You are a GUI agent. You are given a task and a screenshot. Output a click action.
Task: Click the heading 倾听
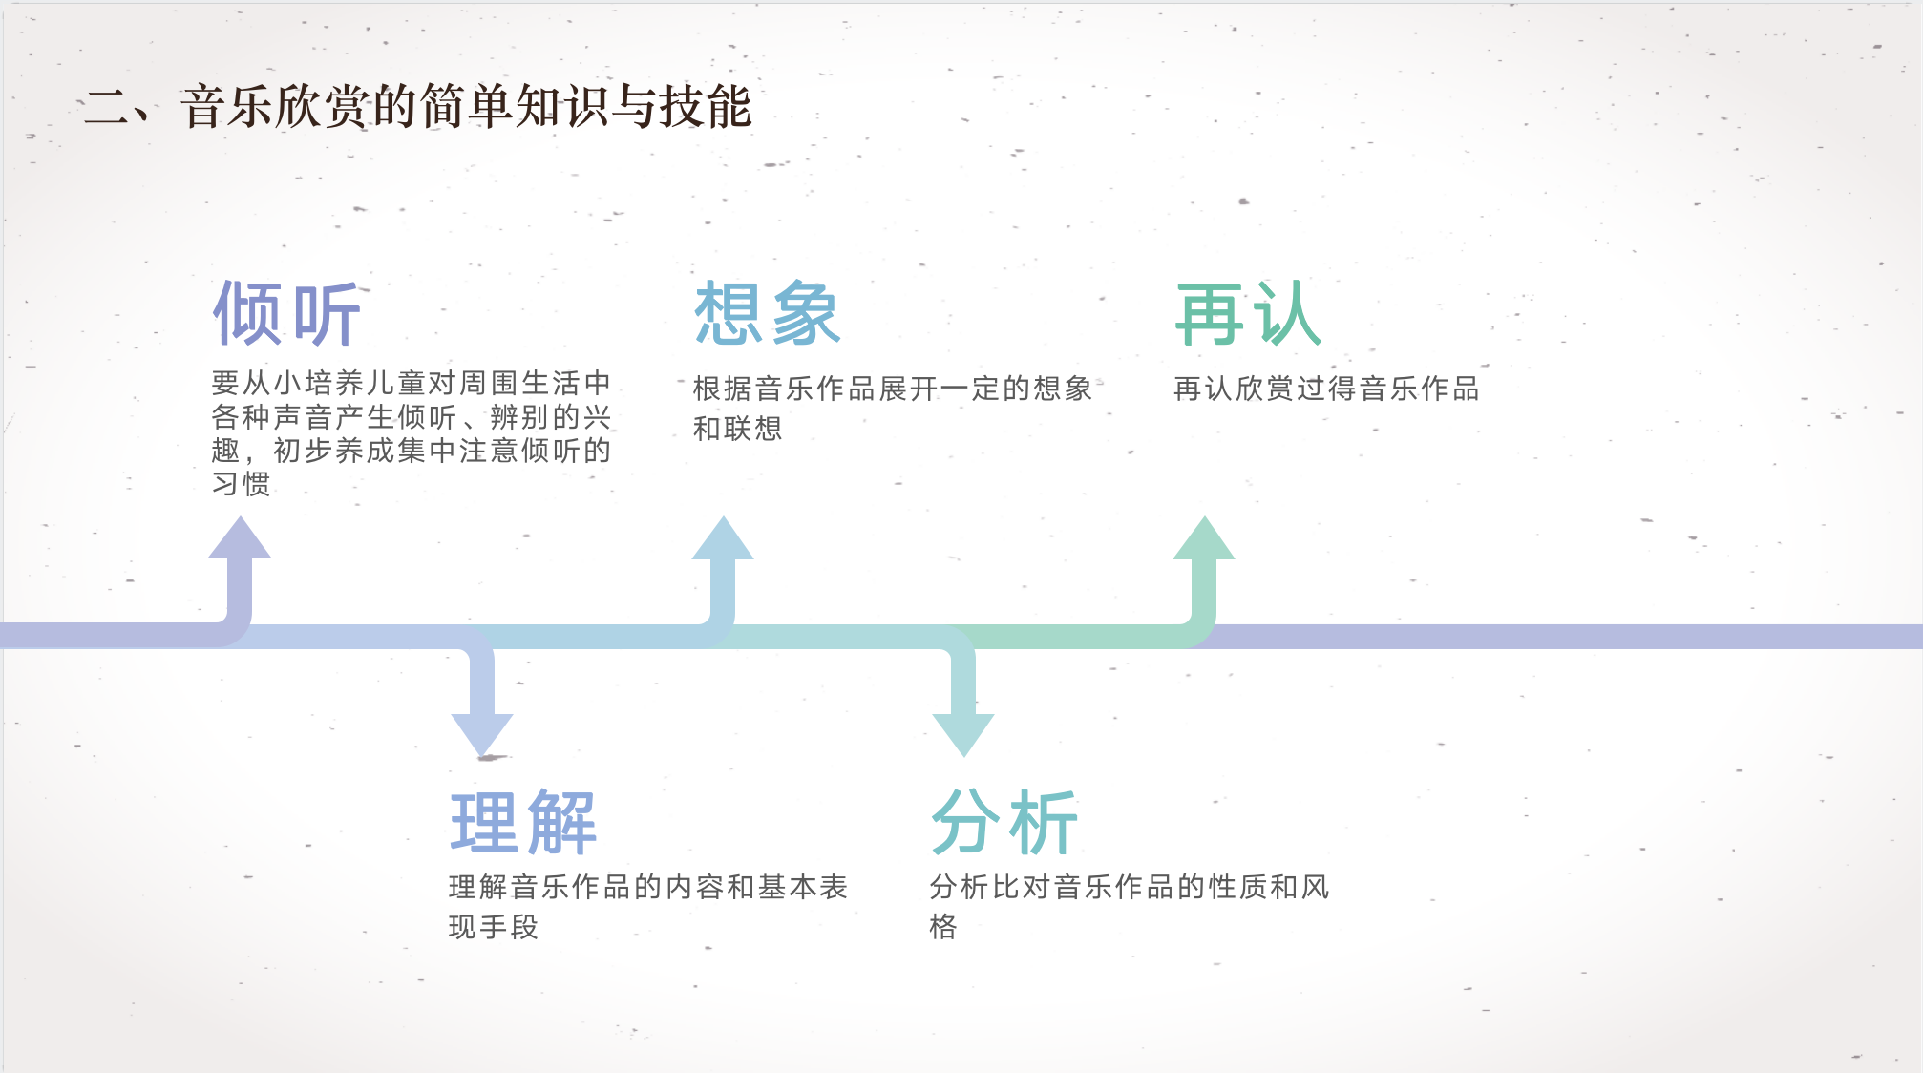pyautogui.click(x=286, y=313)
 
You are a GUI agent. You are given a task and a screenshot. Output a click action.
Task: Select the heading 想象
pyautogui.click(x=768, y=313)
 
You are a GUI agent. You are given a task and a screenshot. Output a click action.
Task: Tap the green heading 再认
pyautogui.click(x=1248, y=313)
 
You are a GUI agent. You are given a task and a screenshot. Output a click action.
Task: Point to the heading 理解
pyautogui.click(x=523, y=822)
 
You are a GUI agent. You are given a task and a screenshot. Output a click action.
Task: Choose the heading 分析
pyautogui.click(x=1004, y=822)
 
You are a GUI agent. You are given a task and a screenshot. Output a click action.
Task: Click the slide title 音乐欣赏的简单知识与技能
pyautogui.click(x=466, y=106)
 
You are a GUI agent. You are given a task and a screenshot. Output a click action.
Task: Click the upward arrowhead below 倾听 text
pyautogui.click(x=240, y=539)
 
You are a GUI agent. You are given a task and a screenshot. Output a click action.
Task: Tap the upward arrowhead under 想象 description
pyautogui.click(x=723, y=539)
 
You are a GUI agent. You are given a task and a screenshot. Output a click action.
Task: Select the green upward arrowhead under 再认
pyautogui.click(x=1204, y=539)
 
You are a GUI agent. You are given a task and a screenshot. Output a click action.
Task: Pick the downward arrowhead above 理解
pyautogui.click(x=482, y=734)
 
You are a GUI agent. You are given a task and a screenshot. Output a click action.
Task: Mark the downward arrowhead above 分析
pyautogui.click(x=963, y=734)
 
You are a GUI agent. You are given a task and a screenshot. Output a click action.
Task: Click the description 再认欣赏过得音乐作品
pyautogui.click(x=1326, y=389)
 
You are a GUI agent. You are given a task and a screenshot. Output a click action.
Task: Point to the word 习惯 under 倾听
pyautogui.click(x=241, y=484)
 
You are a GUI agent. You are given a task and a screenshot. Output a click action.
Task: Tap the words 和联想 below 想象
pyautogui.click(x=737, y=429)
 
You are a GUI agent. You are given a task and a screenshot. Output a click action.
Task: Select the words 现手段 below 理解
pyautogui.click(x=494, y=927)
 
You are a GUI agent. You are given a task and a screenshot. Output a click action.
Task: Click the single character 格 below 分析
pyautogui.click(x=943, y=927)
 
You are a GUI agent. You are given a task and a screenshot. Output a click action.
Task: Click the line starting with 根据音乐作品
pyautogui.click(x=893, y=389)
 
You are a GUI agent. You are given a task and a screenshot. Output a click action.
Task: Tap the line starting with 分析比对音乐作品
pyautogui.click(x=1130, y=887)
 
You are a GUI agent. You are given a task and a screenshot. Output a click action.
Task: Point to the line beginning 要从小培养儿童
pyautogui.click(x=411, y=383)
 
